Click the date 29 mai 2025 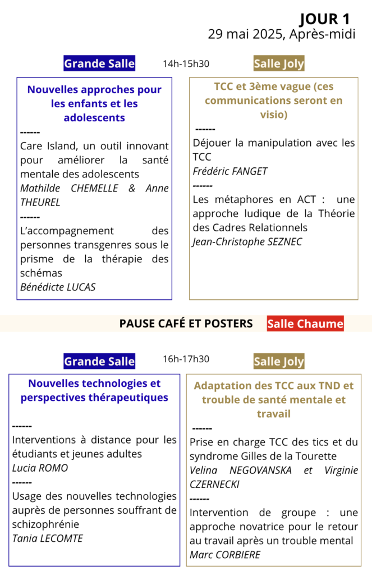(247, 34)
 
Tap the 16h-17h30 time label (186, 359)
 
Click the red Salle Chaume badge (305, 323)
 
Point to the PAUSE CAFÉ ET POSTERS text (186, 323)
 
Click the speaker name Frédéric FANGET (230, 171)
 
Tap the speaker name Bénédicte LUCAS (58, 287)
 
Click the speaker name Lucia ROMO (40, 468)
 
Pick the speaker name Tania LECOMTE (47, 539)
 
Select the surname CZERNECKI (214, 484)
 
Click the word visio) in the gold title (273, 115)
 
